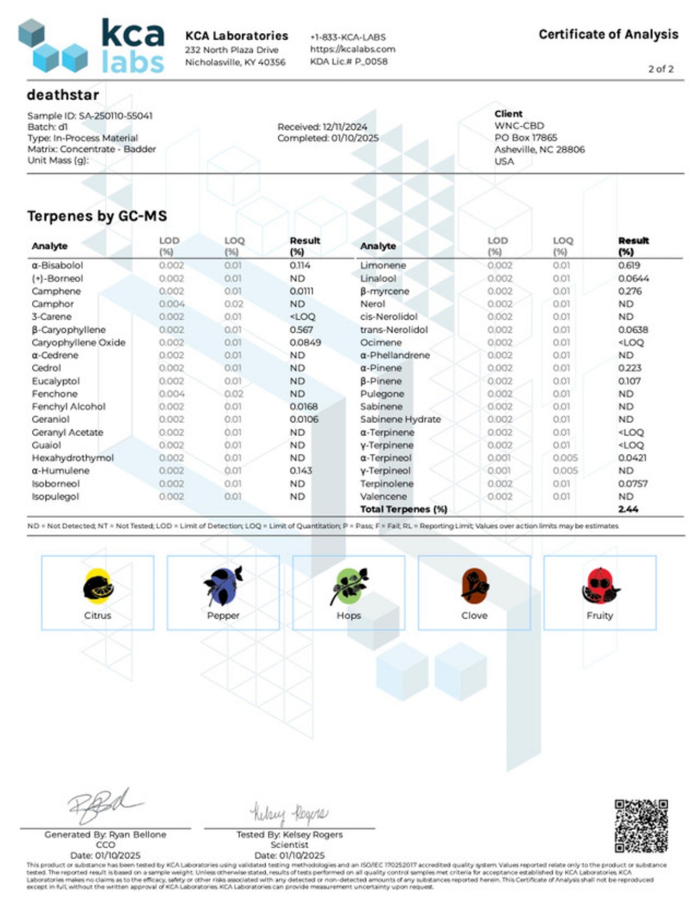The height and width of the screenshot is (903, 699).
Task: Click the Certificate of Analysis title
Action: pos(608,35)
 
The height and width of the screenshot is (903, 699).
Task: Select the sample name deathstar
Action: pos(63,95)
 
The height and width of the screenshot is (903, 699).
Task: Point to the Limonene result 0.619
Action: pos(629,265)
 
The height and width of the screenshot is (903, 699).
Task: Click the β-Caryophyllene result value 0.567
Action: pos(301,330)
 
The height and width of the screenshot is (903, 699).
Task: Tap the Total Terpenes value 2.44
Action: pos(628,509)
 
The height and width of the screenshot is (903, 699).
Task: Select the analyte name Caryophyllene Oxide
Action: pos(79,342)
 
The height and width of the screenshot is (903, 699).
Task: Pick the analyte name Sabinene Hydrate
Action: pos(400,419)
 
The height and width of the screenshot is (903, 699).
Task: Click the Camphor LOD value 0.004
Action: pos(172,304)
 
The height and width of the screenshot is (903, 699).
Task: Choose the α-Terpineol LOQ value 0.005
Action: pos(565,458)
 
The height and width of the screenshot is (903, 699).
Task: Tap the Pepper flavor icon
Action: pos(223,585)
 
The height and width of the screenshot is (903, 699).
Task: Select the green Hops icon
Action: pos(349,585)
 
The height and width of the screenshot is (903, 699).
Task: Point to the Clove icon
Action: pos(475,585)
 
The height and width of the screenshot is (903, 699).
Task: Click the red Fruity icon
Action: pos(600,585)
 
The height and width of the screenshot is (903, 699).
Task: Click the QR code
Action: pos(641,826)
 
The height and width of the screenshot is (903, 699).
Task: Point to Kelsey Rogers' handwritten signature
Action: pos(289,813)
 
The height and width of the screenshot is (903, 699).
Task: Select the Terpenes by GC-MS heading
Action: pos(97,216)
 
